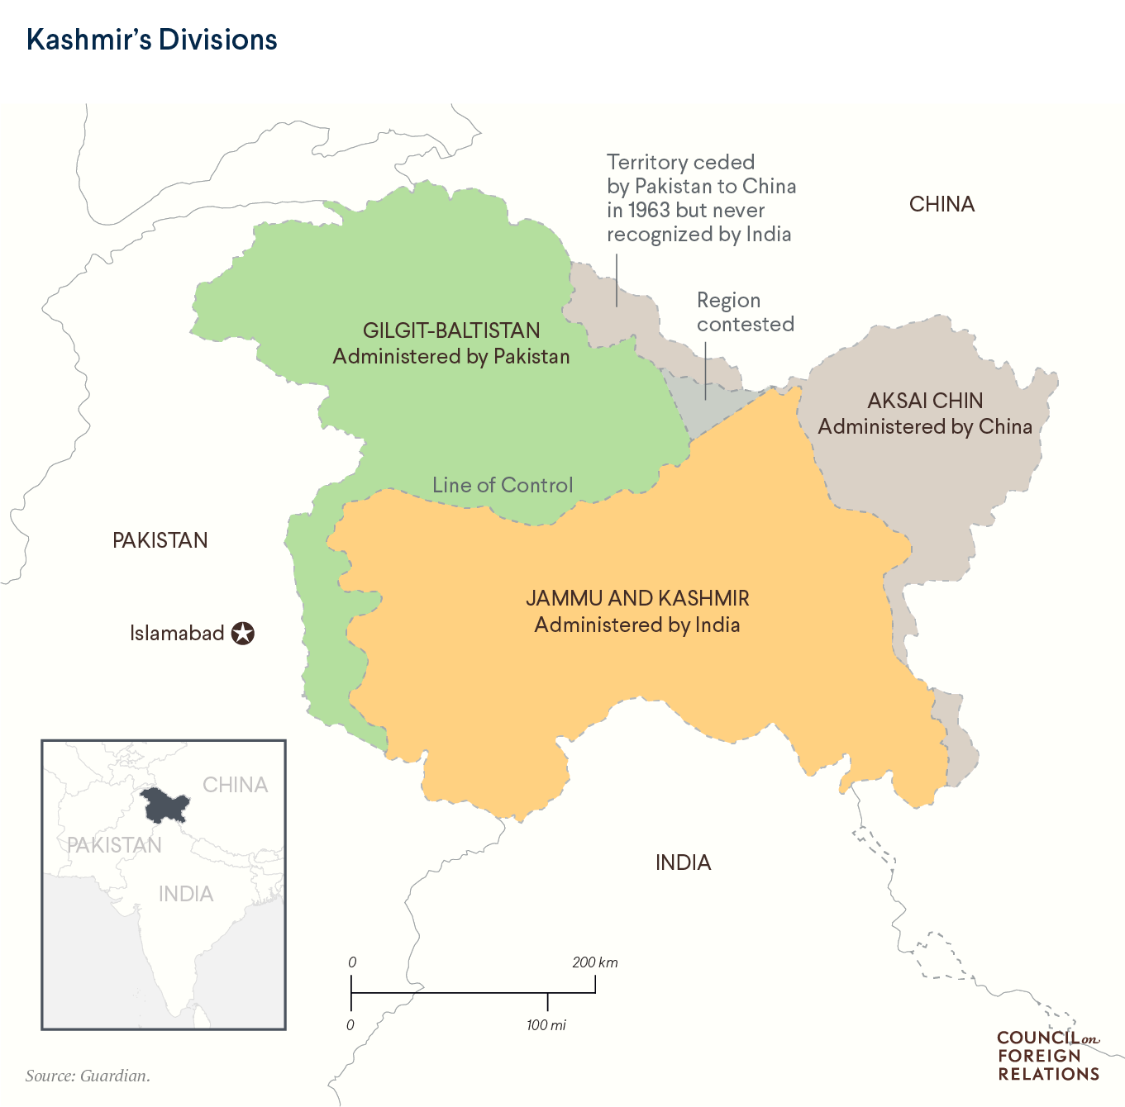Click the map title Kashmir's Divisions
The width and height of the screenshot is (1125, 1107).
(151, 40)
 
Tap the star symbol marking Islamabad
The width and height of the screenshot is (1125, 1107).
(242, 634)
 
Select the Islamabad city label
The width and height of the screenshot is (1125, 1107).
(177, 634)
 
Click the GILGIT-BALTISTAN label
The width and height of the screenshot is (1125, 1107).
(451, 330)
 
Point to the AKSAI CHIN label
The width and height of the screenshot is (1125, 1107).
(925, 401)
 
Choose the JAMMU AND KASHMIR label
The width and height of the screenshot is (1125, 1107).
(637, 598)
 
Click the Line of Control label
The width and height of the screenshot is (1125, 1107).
(503, 485)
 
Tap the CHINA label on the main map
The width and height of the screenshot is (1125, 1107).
(941, 204)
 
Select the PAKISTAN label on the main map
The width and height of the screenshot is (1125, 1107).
(160, 540)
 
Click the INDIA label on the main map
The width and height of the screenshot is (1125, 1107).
(683, 862)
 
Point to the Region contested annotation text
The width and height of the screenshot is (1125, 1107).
(745, 312)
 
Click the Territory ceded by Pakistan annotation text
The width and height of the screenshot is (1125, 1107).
(701, 198)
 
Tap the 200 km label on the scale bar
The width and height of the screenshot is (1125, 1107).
(594, 962)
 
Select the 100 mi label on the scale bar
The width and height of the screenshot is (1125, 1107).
(546, 1025)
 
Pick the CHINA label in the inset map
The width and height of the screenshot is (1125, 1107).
(236, 785)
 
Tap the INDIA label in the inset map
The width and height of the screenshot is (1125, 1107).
(186, 894)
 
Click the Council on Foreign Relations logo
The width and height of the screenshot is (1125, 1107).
(1048, 1056)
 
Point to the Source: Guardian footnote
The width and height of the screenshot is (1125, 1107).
(88, 1076)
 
